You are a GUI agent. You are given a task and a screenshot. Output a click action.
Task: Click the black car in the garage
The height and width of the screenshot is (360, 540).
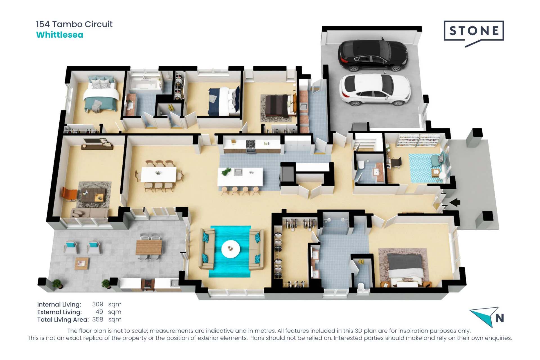[x=373, y=55]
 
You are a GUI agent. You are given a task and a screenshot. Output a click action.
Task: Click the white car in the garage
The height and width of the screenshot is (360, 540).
[x=375, y=89]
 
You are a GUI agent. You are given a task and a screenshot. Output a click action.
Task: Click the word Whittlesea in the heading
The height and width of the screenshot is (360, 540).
[x=60, y=35]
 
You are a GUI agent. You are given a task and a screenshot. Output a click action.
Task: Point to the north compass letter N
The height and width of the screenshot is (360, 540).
[x=500, y=318]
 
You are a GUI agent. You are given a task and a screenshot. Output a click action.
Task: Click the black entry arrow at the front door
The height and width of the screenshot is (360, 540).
[x=455, y=202]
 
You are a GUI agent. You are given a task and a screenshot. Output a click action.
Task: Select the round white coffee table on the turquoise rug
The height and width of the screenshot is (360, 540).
[x=231, y=249]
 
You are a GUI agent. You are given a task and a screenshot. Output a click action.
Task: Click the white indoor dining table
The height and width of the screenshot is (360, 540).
[x=159, y=174]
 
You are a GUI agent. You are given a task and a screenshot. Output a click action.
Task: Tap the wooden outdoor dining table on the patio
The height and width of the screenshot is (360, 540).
[x=149, y=247]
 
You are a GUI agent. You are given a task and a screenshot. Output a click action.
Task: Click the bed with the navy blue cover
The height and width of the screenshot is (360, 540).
[x=224, y=101]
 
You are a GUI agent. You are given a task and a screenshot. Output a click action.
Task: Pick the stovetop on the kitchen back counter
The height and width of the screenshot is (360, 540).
[x=251, y=144]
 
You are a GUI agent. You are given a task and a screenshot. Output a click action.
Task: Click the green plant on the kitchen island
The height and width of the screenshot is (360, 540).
[x=226, y=171]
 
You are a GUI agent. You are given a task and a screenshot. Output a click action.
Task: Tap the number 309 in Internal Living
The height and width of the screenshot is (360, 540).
[x=98, y=304]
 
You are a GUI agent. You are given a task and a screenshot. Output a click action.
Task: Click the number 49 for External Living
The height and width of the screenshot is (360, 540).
[x=99, y=312]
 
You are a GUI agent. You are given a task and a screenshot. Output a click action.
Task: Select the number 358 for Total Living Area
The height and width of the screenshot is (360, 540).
[x=98, y=319]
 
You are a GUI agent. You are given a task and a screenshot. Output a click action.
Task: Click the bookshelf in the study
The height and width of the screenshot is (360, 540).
[x=418, y=140]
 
